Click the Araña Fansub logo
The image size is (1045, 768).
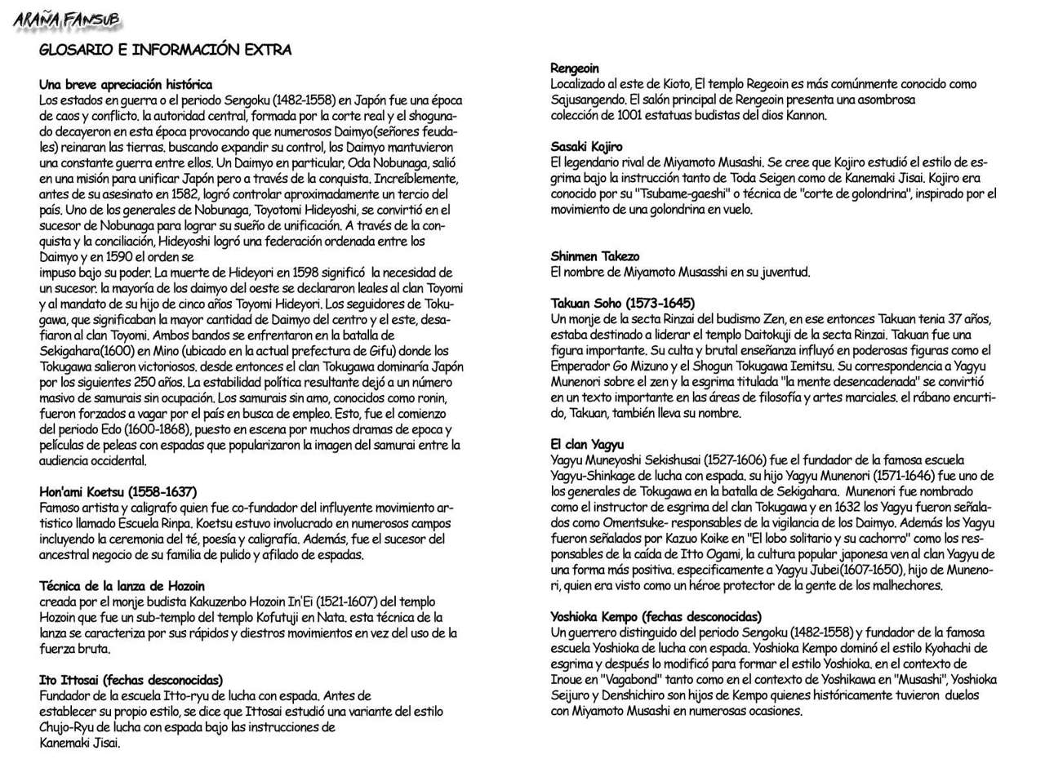[x=66, y=20]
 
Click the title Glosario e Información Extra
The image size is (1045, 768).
[x=165, y=50]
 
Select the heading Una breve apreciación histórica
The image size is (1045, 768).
[x=126, y=84]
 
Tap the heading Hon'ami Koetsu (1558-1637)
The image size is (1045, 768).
[x=118, y=491]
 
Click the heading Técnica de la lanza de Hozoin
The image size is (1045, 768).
[x=122, y=585]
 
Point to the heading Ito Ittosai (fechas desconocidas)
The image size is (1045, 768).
[x=131, y=679]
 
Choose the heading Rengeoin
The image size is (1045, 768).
[x=575, y=68]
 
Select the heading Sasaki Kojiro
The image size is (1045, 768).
[x=586, y=147]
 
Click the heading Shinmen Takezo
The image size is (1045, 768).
[x=595, y=256]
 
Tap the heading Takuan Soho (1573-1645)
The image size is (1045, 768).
[x=623, y=303]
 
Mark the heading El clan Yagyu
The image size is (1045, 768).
[x=587, y=445]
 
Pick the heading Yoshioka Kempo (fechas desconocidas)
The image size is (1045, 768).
[x=656, y=616]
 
